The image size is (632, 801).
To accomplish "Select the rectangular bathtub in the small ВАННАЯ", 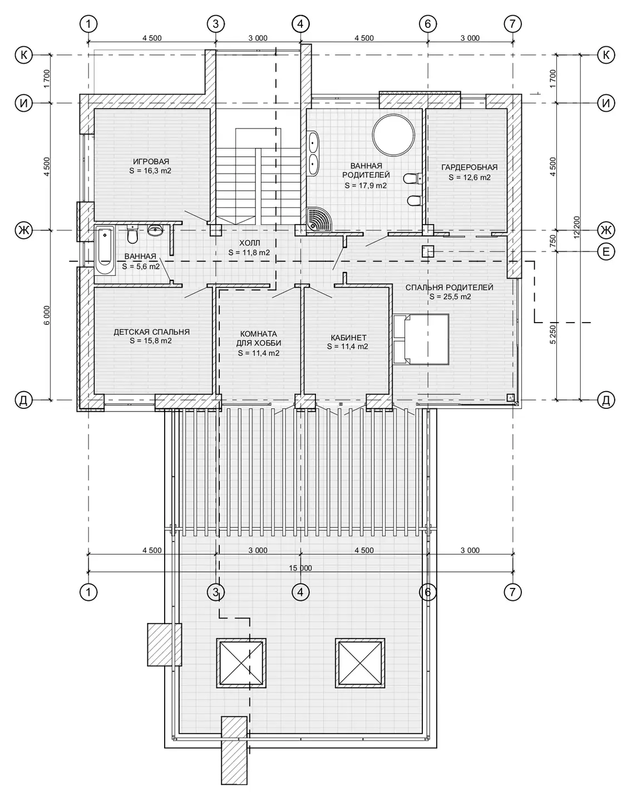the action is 105,250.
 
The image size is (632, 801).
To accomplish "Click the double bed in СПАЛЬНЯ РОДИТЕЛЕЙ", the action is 421,339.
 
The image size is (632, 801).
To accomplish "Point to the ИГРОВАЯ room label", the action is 151,161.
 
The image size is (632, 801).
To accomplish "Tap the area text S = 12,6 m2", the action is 469,177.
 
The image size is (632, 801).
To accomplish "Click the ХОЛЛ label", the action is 250,243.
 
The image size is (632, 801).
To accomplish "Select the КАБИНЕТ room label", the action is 349,338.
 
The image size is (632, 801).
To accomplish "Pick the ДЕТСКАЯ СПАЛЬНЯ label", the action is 151,332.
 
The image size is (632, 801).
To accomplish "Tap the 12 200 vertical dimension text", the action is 577,228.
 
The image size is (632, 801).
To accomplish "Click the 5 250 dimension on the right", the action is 552,334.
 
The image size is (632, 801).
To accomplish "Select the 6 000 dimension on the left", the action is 47,315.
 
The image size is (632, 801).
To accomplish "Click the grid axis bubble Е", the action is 606,252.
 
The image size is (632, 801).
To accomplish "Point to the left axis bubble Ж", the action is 23,230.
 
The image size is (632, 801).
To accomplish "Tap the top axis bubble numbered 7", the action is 512,24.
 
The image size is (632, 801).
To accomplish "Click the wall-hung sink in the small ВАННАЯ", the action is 155,231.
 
